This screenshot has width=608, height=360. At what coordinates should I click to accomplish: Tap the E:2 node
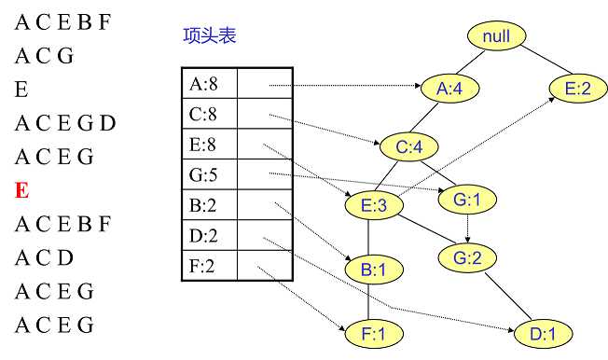578,90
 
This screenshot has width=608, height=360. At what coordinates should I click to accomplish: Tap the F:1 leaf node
371,332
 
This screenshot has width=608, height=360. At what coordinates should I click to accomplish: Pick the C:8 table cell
208,116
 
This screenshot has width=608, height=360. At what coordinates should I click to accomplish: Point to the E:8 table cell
208,145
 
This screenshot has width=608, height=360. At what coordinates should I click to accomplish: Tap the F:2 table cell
208,266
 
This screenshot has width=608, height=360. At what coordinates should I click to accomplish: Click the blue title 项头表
210,36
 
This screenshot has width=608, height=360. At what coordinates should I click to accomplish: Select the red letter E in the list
23,191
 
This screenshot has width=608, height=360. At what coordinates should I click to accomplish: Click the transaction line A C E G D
65,123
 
